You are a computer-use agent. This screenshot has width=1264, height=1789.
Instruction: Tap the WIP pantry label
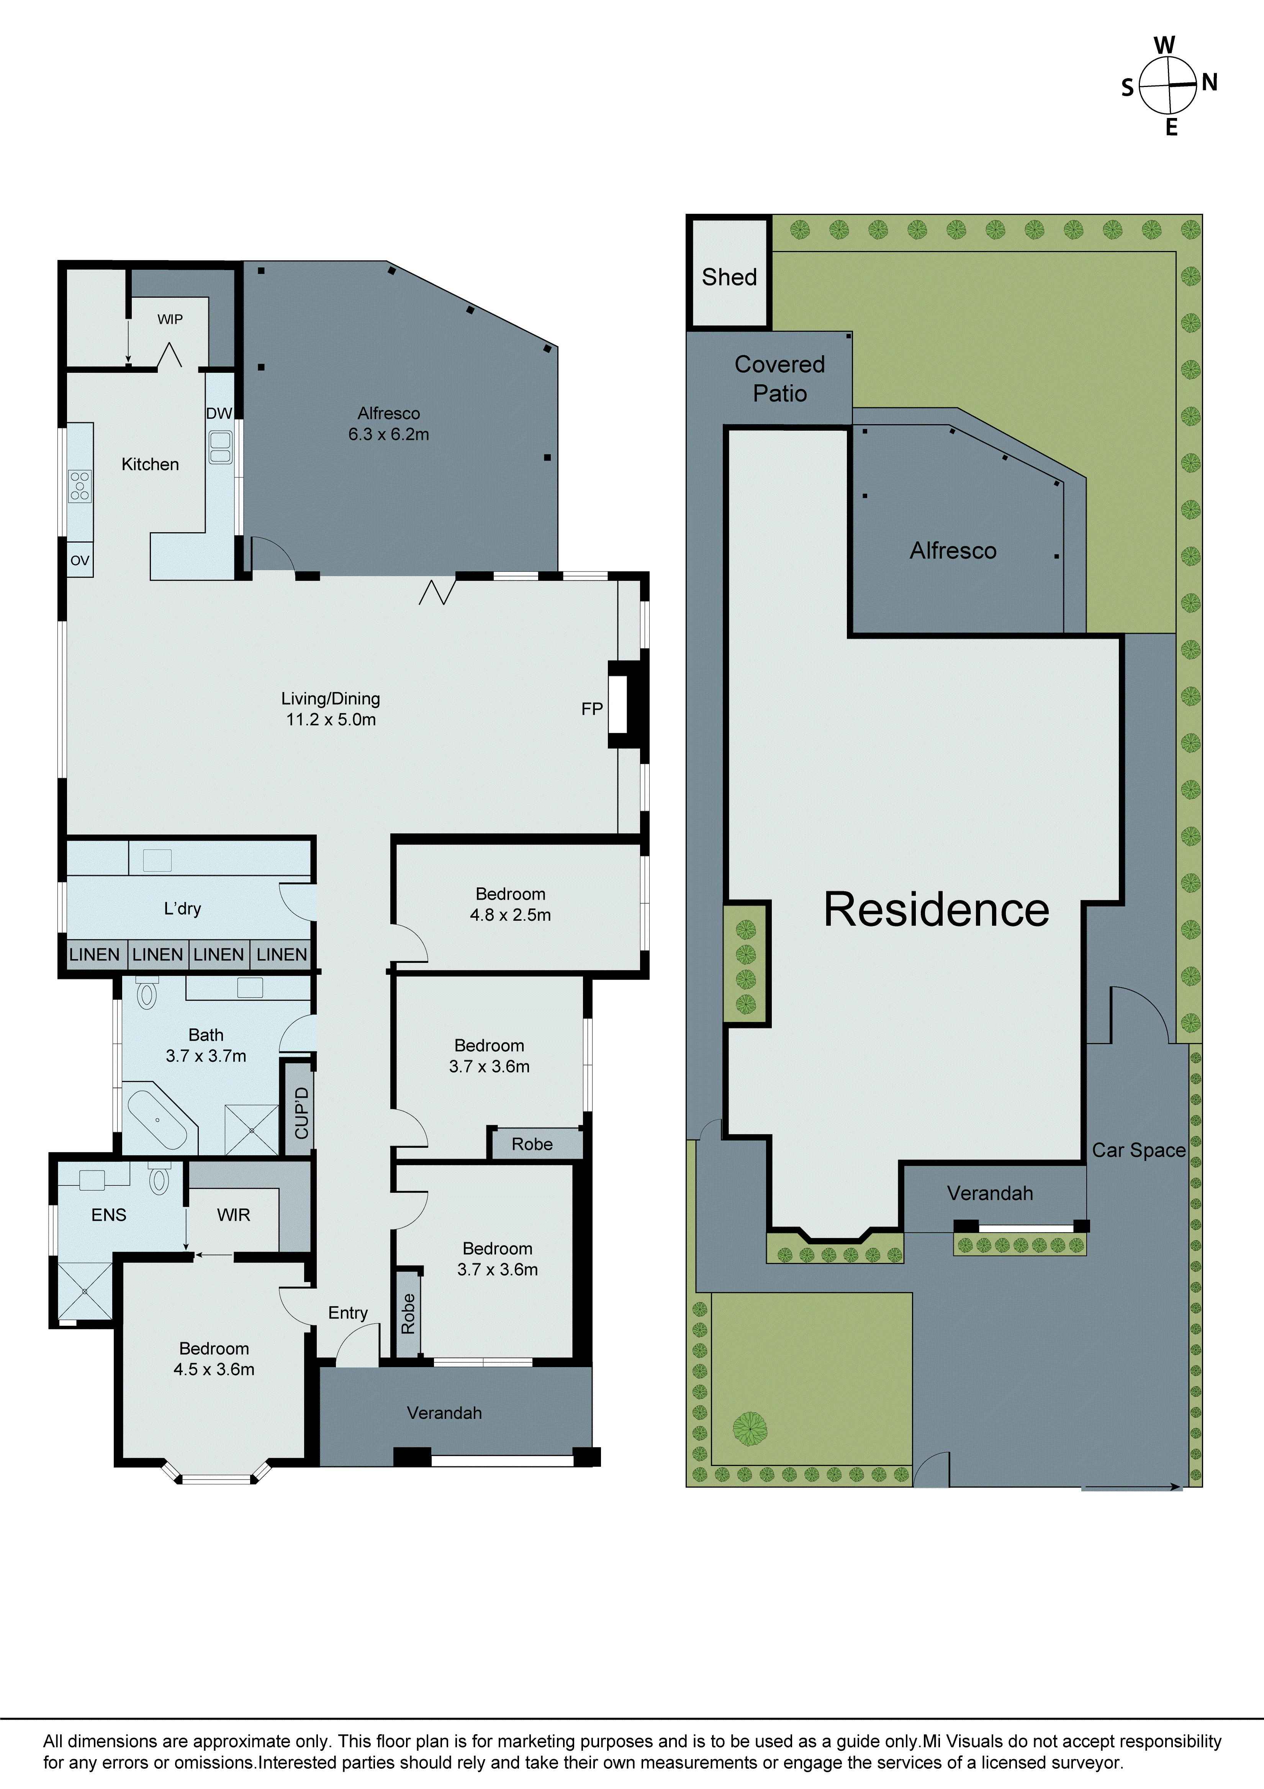click(170, 319)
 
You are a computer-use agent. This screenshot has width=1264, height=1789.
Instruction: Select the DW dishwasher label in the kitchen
click(219, 414)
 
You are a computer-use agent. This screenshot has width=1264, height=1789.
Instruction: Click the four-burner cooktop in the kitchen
click(80, 485)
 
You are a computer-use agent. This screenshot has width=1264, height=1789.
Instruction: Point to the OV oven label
click(80, 560)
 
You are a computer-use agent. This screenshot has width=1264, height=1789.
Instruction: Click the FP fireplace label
click(591, 708)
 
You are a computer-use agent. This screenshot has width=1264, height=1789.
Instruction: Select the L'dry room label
click(182, 909)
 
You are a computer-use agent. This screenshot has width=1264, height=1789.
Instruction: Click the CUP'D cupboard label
click(301, 1113)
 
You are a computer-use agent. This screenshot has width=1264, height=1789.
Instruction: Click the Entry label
click(347, 1313)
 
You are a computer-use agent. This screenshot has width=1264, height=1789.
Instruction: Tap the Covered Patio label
click(779, 379)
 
